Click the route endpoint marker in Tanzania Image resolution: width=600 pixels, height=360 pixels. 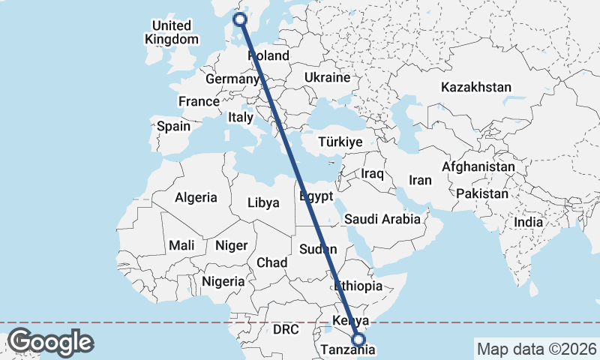coord(358,339)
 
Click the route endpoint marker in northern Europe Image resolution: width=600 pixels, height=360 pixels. coord(240,19)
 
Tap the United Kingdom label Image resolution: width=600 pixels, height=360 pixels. coord(172,32)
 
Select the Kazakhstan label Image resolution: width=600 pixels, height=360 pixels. coord(476,87)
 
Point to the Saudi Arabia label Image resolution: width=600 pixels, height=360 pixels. coord(382,220)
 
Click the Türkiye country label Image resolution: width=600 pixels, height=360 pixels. coord(340,142)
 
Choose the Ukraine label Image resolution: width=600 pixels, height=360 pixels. coord(328,77)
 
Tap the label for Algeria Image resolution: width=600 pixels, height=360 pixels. coord(196,198)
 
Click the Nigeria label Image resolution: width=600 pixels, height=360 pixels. coord(223,281)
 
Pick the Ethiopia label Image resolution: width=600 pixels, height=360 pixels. coord(358,286)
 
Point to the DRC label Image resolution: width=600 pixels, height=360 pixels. coord(286,329)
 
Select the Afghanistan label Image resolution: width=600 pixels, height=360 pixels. coord(478,166)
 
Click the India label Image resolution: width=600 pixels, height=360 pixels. coord(528,222)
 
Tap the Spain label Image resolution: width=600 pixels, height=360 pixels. coord(173,126)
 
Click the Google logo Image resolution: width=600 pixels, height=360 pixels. coord(50,342)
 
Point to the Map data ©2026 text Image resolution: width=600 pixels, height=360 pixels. coord(535,349)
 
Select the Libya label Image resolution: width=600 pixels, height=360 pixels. coord(263,202)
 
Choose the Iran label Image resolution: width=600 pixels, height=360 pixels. coord(420,180)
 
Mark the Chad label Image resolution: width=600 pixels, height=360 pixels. coord(271,262)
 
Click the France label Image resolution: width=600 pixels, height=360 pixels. coord(199,101)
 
